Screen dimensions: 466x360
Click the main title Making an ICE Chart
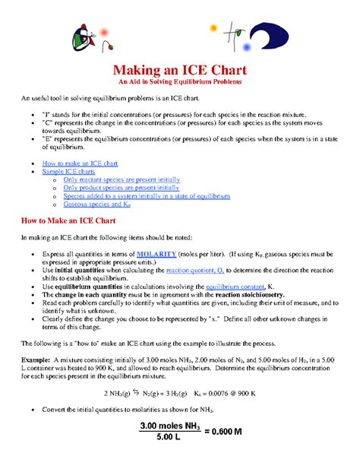pos(180,69)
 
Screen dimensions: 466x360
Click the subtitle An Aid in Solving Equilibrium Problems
pos(180,81)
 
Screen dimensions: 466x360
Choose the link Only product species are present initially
pos(121,187)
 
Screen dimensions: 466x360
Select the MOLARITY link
pos(156,253)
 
